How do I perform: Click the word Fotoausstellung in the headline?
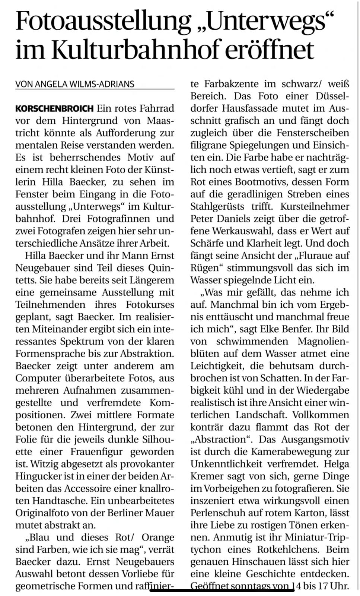tap(103, 22)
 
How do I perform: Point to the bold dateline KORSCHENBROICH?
tap(54, 109)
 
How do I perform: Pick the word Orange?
tap(157, 538)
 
